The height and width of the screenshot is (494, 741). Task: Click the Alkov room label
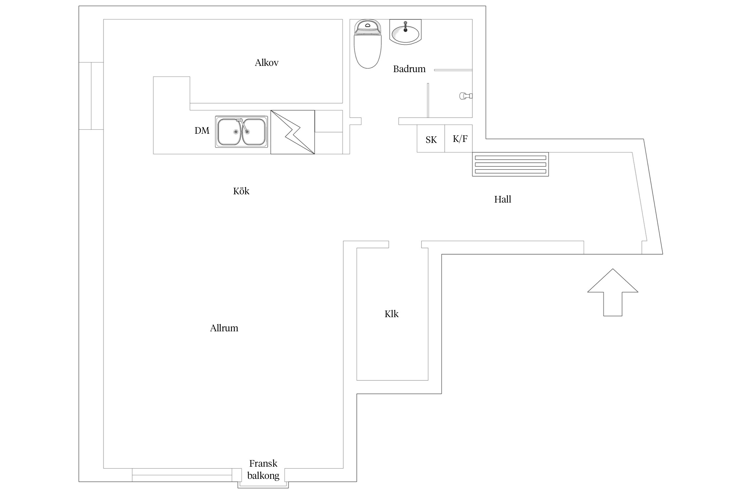(x=266, y=63)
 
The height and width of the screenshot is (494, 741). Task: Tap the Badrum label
(x=409, y=69)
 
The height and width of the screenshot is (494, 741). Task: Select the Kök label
(x=241, y=191)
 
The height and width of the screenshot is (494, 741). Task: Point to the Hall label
(x=503, y=199)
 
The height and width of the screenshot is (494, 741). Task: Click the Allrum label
(x=224, y=328)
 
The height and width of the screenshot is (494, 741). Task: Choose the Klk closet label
(x=391, y=314)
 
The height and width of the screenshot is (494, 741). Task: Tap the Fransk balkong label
(x=263, y=469)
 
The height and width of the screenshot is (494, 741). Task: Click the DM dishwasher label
(x=202, y=131)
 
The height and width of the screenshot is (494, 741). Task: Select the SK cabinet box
(x=431, y=138)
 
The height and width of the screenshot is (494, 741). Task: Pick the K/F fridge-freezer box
(x=458, y=138)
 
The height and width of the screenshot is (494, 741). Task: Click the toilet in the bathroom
(x=368, y=44)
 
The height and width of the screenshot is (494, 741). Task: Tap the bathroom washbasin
(x=405, y=32)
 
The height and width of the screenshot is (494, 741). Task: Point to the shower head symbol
(x=466, y=96)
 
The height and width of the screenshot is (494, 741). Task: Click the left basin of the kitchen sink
(x=230, y=132)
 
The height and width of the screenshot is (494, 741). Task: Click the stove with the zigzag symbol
(x=292, y=132)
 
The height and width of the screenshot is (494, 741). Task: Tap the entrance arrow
(x=613, y=292)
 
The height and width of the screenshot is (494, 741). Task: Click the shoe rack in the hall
(x=510, y=164)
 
